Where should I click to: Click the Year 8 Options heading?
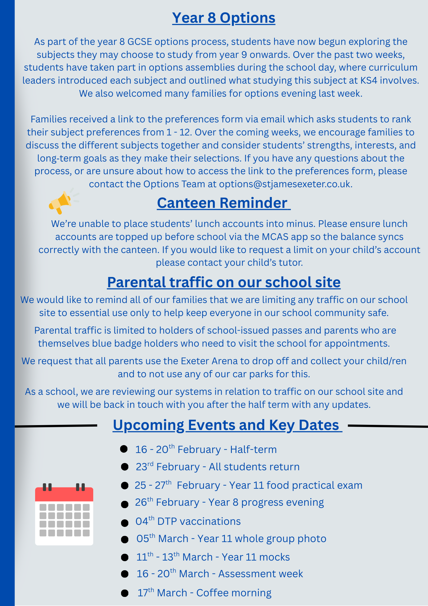224,18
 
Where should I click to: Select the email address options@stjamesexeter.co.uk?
285,184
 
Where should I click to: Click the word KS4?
368,81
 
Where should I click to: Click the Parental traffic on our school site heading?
224,282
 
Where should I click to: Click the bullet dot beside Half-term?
124,449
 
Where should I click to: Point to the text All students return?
254,467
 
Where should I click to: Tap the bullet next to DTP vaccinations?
124,523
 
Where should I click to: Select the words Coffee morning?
234,593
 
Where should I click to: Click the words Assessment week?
261,574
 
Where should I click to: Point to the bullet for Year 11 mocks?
124,557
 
